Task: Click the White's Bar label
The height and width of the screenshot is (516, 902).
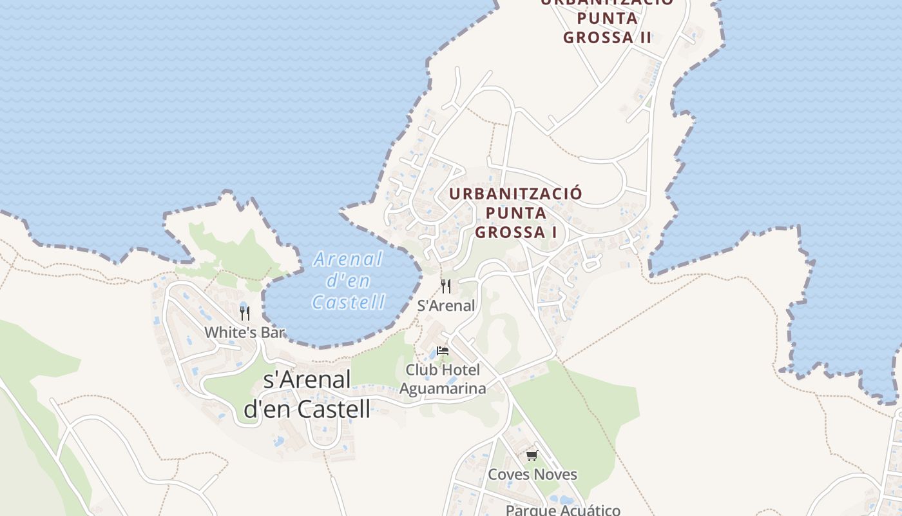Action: (244, 333)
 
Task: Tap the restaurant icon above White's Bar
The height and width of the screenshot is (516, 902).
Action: (244, 313)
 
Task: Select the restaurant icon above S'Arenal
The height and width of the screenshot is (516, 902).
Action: (446, 286)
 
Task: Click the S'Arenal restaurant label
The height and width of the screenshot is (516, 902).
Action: (446, 306)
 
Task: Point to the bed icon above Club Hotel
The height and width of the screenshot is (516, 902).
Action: (443, 351)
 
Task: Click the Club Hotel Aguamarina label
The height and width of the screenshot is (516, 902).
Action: (443, 379)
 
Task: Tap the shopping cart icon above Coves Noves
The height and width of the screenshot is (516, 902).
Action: (532, 456)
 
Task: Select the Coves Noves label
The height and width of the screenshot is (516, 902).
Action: (532, 475)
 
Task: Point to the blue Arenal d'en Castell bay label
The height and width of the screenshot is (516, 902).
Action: (349, 281)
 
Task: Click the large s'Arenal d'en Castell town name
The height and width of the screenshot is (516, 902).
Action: (307, 394)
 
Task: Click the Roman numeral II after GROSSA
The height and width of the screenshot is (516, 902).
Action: (645, 37)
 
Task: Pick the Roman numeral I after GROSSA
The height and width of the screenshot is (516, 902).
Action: (553, 232)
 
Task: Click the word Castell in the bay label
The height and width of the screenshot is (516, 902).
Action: (349, 302)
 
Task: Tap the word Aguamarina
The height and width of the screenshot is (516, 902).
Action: (443, 388)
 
